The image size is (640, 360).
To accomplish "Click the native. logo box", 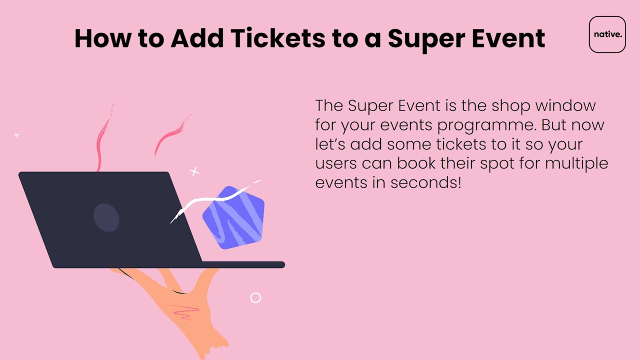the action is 607,34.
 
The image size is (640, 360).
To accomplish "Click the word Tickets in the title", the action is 277,38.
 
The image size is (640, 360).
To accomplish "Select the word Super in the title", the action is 426,39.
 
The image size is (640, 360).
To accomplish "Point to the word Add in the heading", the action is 197,38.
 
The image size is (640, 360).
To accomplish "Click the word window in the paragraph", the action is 565,105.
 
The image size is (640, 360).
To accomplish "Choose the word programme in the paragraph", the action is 487,125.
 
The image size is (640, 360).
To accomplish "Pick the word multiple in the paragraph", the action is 576,164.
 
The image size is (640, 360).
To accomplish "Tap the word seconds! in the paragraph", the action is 425,182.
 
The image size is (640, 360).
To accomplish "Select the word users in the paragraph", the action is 336,163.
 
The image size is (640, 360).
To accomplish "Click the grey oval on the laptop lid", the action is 106,217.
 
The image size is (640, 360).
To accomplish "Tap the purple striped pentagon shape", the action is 233,217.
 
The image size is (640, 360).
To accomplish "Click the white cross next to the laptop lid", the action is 194,171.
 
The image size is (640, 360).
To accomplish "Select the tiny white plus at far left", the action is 16,135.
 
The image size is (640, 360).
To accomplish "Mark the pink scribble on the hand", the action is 185,312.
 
